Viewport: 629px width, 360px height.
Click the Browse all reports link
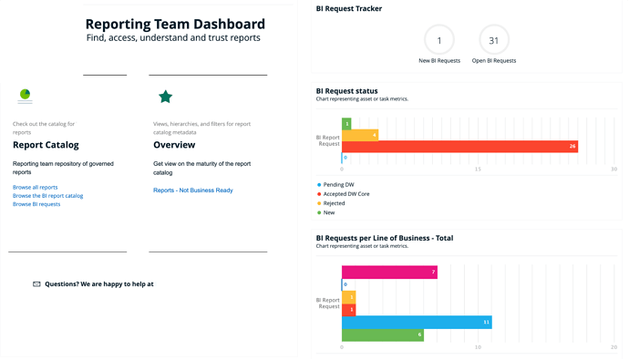(x=35, y=187)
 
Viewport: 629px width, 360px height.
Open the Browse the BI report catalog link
(x=47, y=196)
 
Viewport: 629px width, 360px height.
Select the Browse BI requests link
(x=36, y=204)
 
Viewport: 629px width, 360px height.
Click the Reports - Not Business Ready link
(x=193, y=190)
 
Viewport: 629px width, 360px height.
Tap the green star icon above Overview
(x=165, y=97)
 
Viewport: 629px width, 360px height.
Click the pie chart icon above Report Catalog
(x=25, y=94)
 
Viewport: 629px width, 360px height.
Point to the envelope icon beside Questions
(x=36, y=284)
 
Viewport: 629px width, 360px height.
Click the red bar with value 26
(x=459, y=147)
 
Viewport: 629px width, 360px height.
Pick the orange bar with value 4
(x=360, y=135)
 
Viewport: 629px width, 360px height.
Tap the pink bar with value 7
(x=389, y=273)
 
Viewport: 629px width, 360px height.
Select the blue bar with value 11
(x=417, y=323)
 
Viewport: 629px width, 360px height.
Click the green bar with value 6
(x=383, y=335)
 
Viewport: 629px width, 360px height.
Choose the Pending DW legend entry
(x=335, y=185)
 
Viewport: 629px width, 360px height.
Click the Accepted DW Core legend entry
(x=344, y=194)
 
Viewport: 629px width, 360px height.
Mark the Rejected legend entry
(x=331, y=203)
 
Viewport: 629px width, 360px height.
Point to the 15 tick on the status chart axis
(x=478, y=170)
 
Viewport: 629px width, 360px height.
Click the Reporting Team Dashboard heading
(x=175, y=24)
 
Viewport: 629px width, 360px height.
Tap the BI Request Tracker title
(x=349, y=8)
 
